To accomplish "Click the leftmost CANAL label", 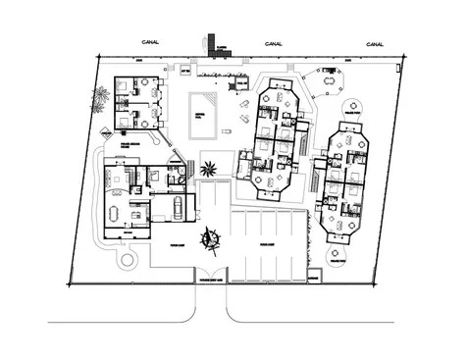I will [150, 43].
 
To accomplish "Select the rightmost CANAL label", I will [376, 43].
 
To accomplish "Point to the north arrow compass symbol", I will [210, 237].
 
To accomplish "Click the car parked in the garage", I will [177, 207].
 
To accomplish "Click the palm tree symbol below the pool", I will [208, 168].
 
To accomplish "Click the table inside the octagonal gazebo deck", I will [328, 82].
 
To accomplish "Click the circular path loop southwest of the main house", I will [126, 261].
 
